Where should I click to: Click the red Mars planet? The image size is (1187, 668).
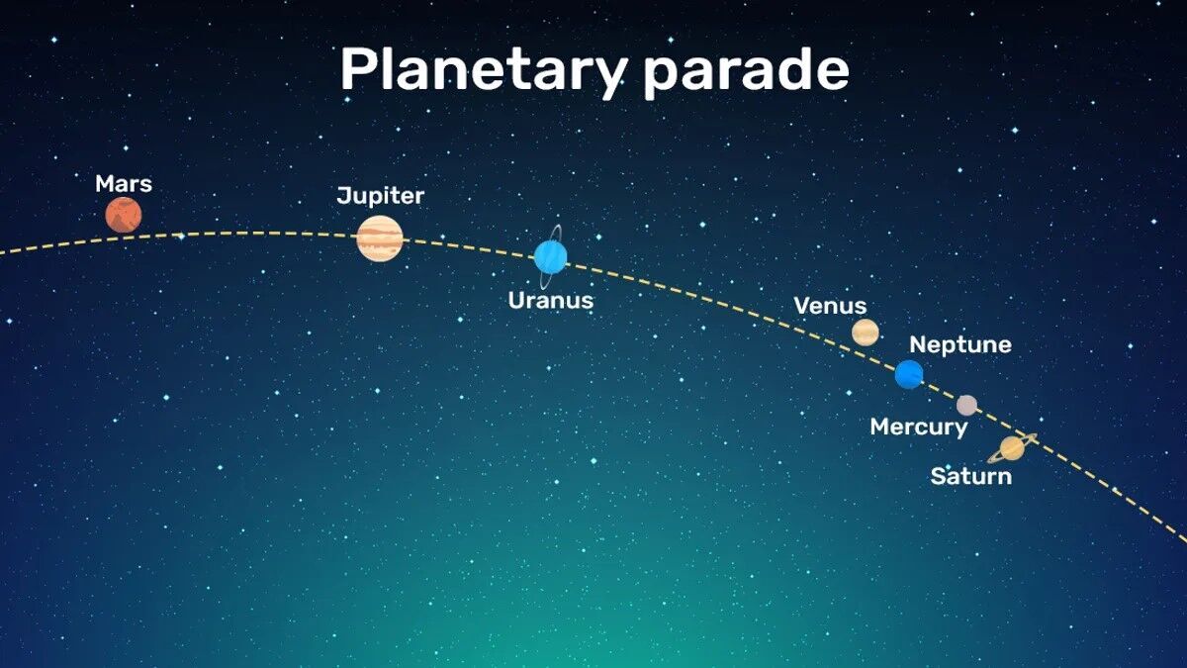click(124, 215)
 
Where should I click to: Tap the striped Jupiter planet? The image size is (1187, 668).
click(380, 239)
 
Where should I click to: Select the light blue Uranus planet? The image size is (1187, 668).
click(551, 256)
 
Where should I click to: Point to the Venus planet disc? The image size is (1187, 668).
click(866, 333)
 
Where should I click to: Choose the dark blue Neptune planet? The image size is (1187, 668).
click(909, 374)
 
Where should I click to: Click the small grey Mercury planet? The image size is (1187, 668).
click(967, 405)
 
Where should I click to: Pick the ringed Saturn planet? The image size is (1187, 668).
click(1012, 448)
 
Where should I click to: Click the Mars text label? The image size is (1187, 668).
click(124, 184)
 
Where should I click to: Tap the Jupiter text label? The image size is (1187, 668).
click(381, 196)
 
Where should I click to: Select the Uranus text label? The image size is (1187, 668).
click(551, 300)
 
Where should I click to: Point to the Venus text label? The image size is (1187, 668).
click(830, 306)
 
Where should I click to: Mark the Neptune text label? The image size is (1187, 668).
click(960, 345)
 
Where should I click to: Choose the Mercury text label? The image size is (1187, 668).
click(919, 428)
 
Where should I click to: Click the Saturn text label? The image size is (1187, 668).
click(971, 476)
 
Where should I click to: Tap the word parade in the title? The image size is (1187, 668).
click(747, 71)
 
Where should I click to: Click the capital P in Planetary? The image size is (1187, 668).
click(359, 68)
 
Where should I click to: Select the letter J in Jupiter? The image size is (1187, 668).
click(343, 195)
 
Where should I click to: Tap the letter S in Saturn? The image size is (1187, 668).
click(939, 476)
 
